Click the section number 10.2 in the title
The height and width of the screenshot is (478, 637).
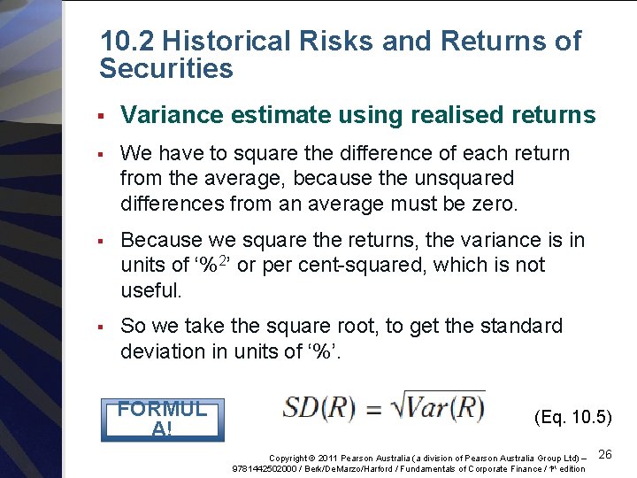pyautogui.click(x=128, y=42)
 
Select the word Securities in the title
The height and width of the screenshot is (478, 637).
pyautogui.click(x=166, y=69)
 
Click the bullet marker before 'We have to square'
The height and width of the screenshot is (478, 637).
pyautogui.click(x=103, y=154)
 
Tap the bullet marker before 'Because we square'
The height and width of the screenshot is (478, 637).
pyautogui.click(x=103, y=240)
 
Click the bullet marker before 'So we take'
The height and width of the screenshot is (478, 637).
pyautogui.click(x=103, y=327)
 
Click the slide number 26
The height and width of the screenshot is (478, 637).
pyautogui.click(x=605, y=454)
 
